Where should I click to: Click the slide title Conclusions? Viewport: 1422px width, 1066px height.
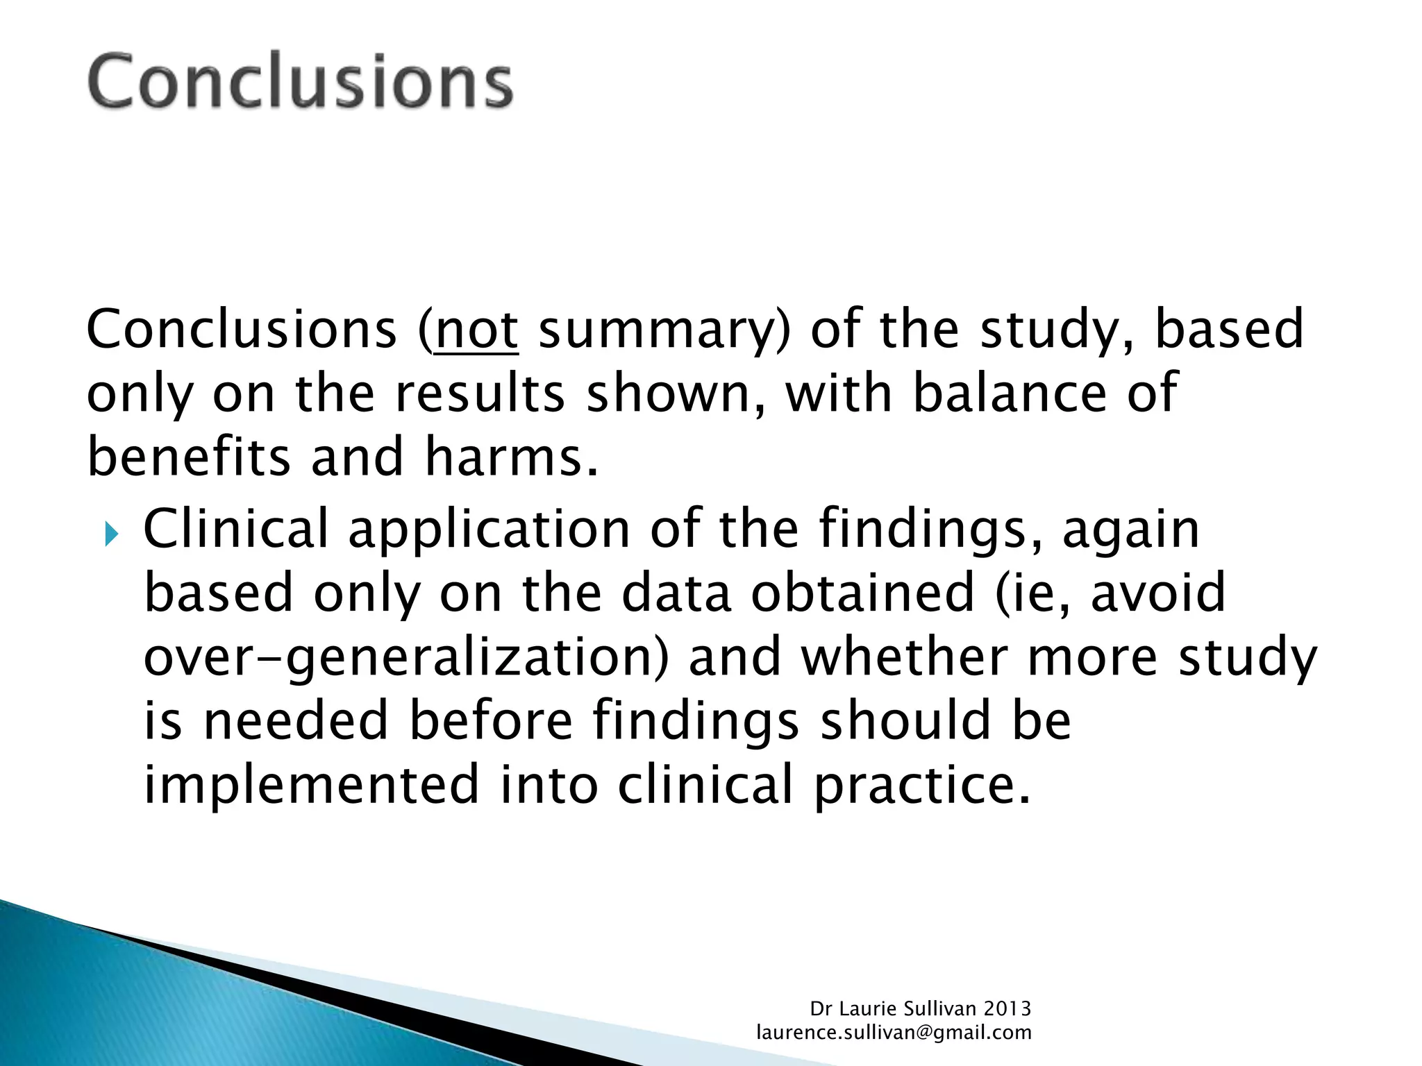click(300, 81)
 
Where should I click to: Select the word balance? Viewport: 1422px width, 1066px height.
click(1009, 392)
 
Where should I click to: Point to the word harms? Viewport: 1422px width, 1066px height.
click(510, 457)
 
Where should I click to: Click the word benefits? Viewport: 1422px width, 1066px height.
click(189, 457)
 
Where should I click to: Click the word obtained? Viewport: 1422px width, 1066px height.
click(863, 593)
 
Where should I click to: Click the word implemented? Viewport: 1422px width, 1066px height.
click(311, 784)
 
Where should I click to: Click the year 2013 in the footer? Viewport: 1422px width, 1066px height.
click(1007, 1008)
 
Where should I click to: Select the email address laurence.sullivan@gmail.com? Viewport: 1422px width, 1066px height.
click(894, 1033)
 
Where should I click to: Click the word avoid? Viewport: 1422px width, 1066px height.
click(1157, 593)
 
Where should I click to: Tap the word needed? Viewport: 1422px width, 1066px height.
click(295, 720)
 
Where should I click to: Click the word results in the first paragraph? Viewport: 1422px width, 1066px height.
click(480, 393)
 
